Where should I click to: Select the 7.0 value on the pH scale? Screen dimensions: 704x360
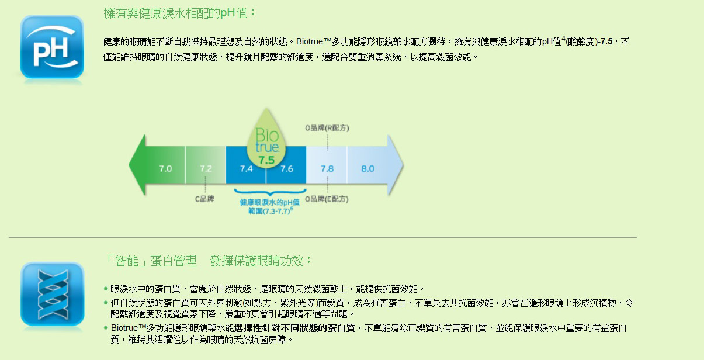point(165,169)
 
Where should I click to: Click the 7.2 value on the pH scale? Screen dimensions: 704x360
point(206,169)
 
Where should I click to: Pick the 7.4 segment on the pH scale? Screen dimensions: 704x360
point(246,169)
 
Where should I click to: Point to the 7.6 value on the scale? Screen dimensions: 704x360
point(287,169)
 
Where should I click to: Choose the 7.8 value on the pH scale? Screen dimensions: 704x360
point(327,169)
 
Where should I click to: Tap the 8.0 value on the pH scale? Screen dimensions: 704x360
point(367,169)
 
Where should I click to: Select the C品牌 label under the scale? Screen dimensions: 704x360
point(204,199)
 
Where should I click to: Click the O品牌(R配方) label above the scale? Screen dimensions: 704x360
point(327,127)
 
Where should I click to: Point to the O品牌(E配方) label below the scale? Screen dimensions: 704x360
point(327,199)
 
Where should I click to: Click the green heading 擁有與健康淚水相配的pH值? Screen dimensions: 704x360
point(179,13)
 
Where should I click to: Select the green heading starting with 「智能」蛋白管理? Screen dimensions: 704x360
point(208,261)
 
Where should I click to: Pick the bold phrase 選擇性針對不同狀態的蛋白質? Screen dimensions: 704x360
point(295,328)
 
